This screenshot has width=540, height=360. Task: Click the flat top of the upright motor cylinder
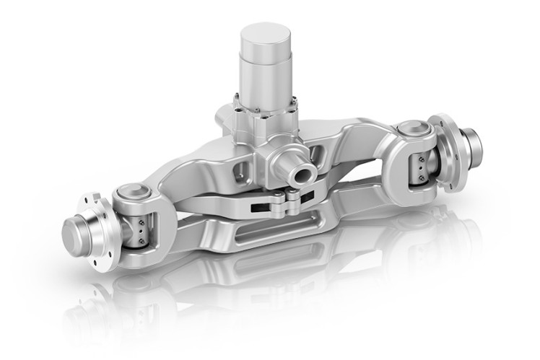(265, 34)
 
